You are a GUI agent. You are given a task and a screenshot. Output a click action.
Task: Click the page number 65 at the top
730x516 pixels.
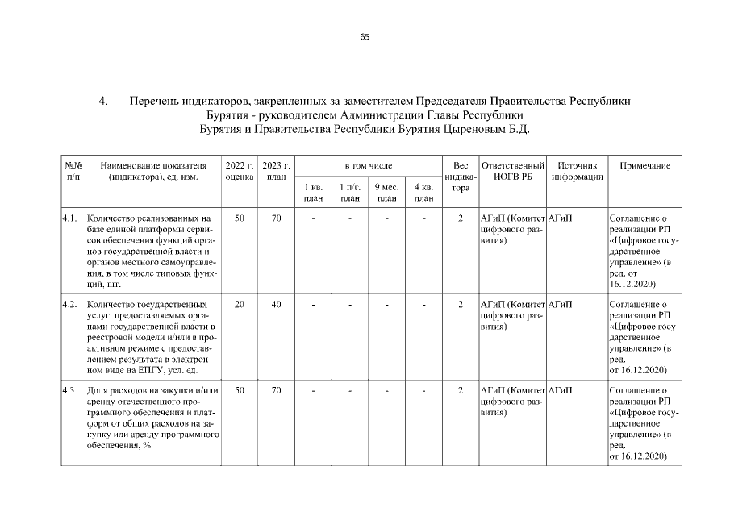pyautogui.click(x=365, y=37)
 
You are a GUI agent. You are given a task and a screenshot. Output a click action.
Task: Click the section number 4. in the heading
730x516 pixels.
pyautogui.click(x=103, y=102)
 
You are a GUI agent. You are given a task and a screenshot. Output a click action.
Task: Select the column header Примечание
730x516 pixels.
pyautogui.click(x=644, y=164)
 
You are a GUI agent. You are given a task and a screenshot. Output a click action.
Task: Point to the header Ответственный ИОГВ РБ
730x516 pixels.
pyautogui.click(x=512, y=170)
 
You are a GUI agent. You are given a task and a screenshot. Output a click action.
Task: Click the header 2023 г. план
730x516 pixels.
pyautogui.click(x=276, y=170)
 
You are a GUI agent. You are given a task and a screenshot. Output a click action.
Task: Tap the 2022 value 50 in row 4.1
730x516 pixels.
pyautogui.click(x=240, y=218)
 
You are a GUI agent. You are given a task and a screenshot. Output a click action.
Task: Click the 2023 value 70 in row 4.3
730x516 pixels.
pyautogui.click(x=276, y=390)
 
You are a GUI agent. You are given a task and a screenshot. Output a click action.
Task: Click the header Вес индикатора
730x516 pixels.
pyautogui.click(x=461, y=176)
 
